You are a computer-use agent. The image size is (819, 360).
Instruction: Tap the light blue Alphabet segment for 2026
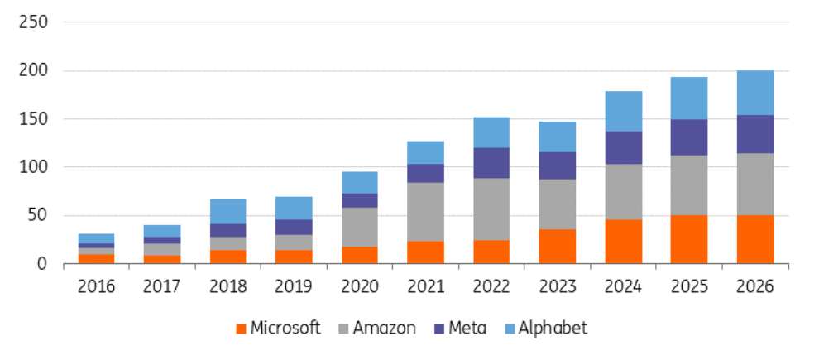(x=755, y=93)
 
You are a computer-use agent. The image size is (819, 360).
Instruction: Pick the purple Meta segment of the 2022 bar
(x=491, y=163)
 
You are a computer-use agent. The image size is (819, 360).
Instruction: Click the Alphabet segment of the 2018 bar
(x=227, y=211)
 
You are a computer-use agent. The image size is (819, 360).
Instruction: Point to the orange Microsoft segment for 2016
(x=96, y=259)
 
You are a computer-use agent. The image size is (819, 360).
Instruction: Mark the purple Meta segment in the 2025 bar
(x=689, y=137)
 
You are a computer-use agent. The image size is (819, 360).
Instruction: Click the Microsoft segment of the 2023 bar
(x=558, y=247)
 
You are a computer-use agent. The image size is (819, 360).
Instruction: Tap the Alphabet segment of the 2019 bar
(x=294, y=208)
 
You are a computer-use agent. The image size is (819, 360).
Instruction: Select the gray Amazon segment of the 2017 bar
(x=161, y=249)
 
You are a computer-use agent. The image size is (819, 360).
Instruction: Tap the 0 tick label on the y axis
(x=41, y=264)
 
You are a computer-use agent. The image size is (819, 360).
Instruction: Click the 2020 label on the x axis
(x=359, y=286)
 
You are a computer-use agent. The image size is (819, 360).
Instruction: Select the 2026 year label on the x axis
(x=755, y=286)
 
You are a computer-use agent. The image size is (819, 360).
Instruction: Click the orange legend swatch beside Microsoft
(x=241, y=329)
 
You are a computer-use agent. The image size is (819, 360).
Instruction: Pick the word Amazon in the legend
(x=384, y=328)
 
